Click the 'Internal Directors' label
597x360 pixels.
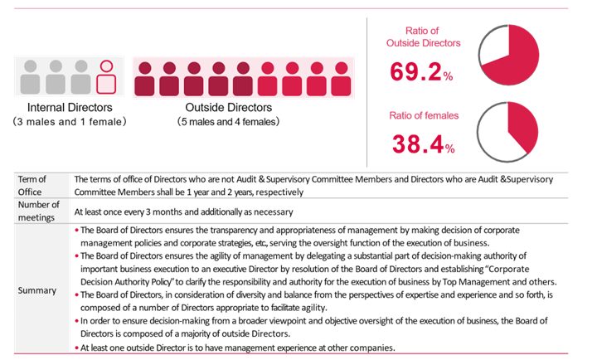coord(70,108)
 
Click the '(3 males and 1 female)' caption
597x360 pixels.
coord(70,122)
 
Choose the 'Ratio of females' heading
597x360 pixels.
coord(425,116)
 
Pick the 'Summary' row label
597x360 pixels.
coord(36,291)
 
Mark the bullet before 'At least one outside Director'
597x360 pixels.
coord(77,348)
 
